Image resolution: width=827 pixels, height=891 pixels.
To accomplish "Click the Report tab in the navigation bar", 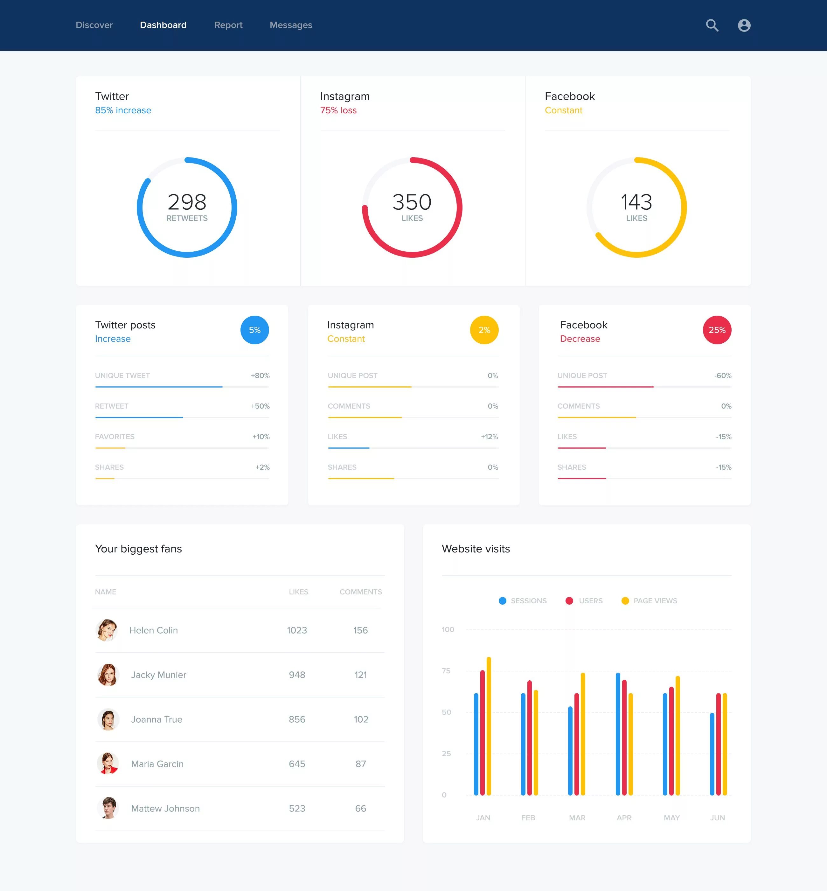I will [x=228, y=25].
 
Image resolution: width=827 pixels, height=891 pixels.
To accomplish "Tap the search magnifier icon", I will [x=712, y=25].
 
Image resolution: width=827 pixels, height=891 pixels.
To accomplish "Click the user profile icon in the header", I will [x=744, y=25].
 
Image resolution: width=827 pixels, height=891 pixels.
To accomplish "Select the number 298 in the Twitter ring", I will [x=187, y=202].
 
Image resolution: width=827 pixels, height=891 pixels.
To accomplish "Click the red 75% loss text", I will [x=338, y=110].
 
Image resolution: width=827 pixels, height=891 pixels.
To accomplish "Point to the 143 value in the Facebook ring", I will [x=636, y=202].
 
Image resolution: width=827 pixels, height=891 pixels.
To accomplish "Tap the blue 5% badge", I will [x=255, y=330].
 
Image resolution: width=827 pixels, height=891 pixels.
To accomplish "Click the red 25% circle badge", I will [x=717, y=330].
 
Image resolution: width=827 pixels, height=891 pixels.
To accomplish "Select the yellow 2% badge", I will [x=484, y=330].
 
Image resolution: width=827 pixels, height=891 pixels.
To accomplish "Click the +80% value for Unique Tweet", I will [x=260, y=376].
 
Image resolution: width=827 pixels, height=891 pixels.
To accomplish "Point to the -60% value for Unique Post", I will [x=723, y=376].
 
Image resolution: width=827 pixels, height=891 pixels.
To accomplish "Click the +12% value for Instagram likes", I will [x=489, y=437].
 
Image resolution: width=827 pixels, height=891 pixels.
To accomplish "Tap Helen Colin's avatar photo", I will [x=107, y=630].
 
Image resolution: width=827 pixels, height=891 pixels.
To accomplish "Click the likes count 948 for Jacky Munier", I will [x=297, y=675].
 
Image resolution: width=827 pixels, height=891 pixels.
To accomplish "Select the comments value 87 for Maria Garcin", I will [x=361, y=764].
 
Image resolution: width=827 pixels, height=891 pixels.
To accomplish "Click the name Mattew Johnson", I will [x=165, y=809].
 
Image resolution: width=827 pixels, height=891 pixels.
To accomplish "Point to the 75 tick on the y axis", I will [x=446, y=671].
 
